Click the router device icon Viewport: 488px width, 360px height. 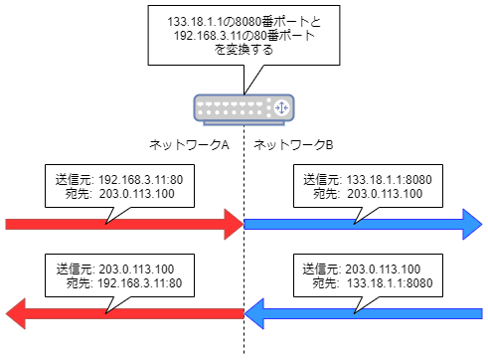click(x=244, y=106)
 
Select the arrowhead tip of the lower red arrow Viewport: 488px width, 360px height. click(x=9, y=315)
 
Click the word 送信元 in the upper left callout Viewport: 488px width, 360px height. click(x=75, y=179)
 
